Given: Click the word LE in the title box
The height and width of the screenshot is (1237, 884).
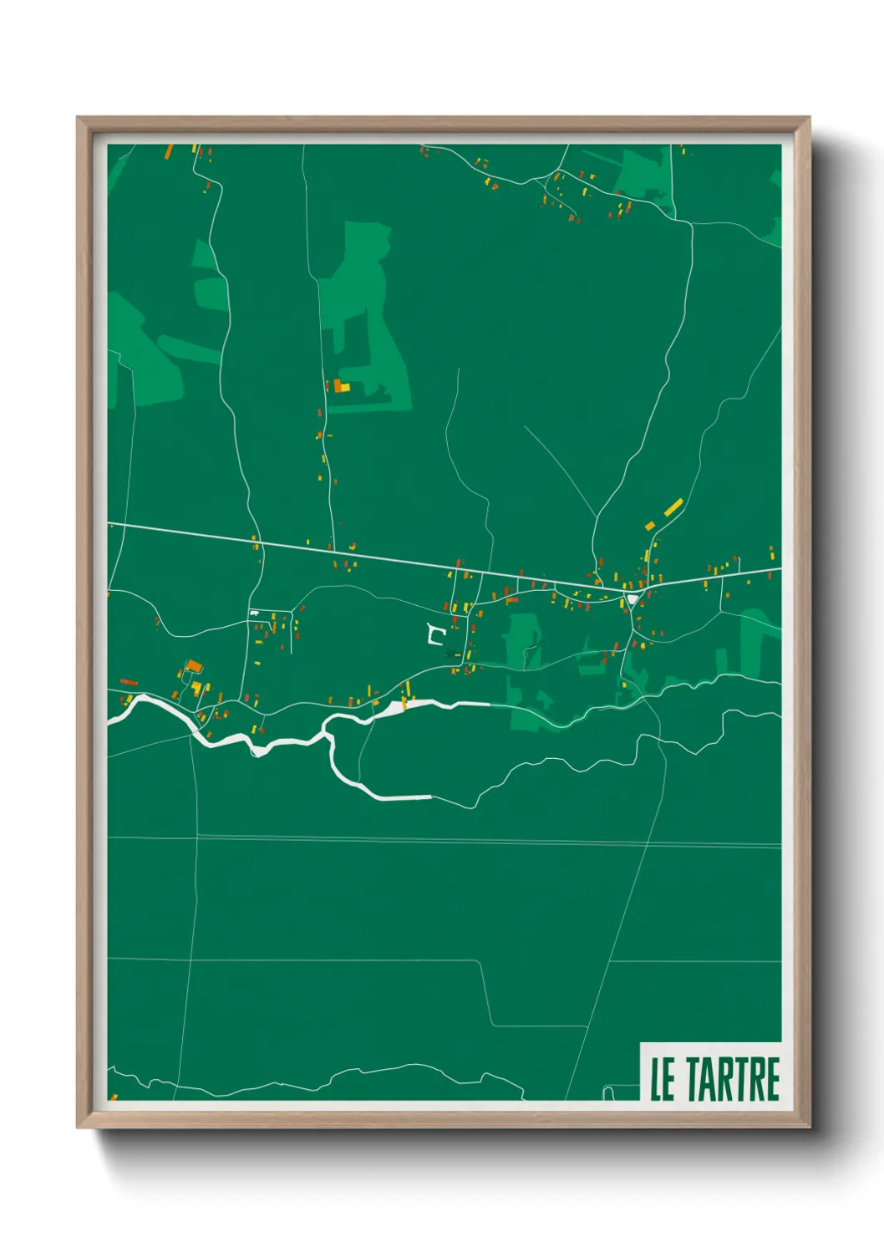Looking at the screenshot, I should coord(663,1079).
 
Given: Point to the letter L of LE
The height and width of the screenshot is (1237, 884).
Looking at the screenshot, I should coord(657,1079).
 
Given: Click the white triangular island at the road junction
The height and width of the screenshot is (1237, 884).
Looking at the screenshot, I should coord(633,599).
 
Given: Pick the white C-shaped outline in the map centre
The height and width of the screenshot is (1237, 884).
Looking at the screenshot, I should coord(434,635).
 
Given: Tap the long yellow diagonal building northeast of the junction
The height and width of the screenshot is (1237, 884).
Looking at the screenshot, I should coord(673,507).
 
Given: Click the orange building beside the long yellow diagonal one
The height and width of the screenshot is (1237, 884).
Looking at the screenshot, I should coord(650,526).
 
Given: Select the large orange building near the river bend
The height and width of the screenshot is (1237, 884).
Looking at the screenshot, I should coord(194,665).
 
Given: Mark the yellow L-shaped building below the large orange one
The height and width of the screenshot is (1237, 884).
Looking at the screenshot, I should coord(197,688).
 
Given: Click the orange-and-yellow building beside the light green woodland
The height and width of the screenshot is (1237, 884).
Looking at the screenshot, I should coord(341,386).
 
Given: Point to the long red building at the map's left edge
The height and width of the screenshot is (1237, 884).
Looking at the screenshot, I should coord(129,682).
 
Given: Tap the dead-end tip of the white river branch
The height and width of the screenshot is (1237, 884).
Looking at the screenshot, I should coord(429,797).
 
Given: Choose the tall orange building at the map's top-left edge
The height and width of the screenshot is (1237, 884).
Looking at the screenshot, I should coord(169,151).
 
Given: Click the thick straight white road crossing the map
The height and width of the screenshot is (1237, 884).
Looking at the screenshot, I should coord(376,552).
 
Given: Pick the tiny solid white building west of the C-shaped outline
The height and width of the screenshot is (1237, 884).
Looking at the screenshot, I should coord(254,614).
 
